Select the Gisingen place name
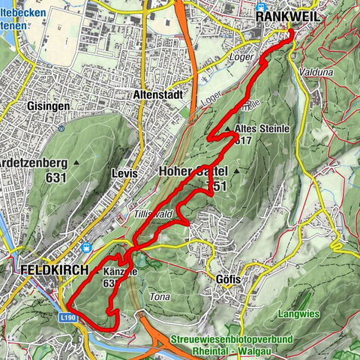(x=49, y=106)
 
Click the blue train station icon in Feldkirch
(x=88, y=247)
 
